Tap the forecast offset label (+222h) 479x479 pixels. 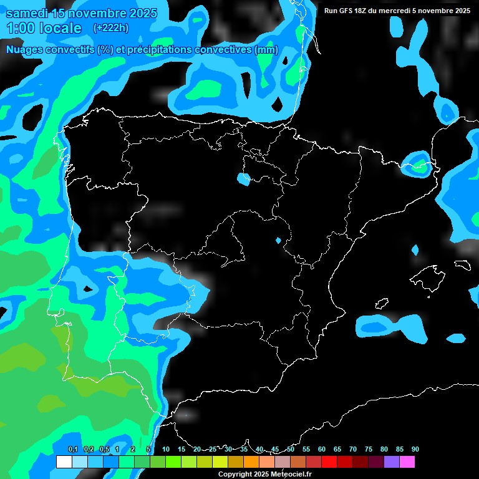[x=112, y=28]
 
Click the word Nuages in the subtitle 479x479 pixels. [x=29, y=50]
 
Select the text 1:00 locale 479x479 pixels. [x=44, y=28]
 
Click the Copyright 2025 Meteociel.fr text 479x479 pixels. [x=264, y=474]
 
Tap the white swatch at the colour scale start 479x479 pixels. [x=64, y=462]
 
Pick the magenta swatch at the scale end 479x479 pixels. [x=407, y=462]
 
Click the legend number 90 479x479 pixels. [x=415, y=449]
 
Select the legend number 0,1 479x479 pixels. [x=73, y=449]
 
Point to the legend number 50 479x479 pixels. [x=291, y=449]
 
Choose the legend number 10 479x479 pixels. [x=166, y=449]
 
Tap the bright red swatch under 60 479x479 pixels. [x=329, y=462]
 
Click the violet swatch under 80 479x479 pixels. [x=392, y=462]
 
